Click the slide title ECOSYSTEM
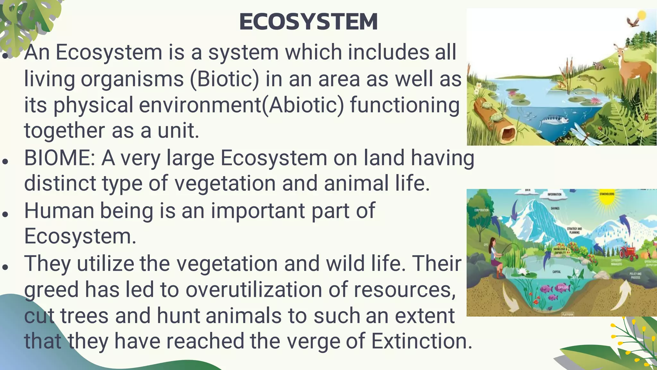pos(308,22)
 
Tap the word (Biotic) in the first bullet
pos(224,79)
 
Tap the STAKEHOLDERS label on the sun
pos(607,194)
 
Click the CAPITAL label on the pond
pos(557,272)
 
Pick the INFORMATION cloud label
pos(554,194)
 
